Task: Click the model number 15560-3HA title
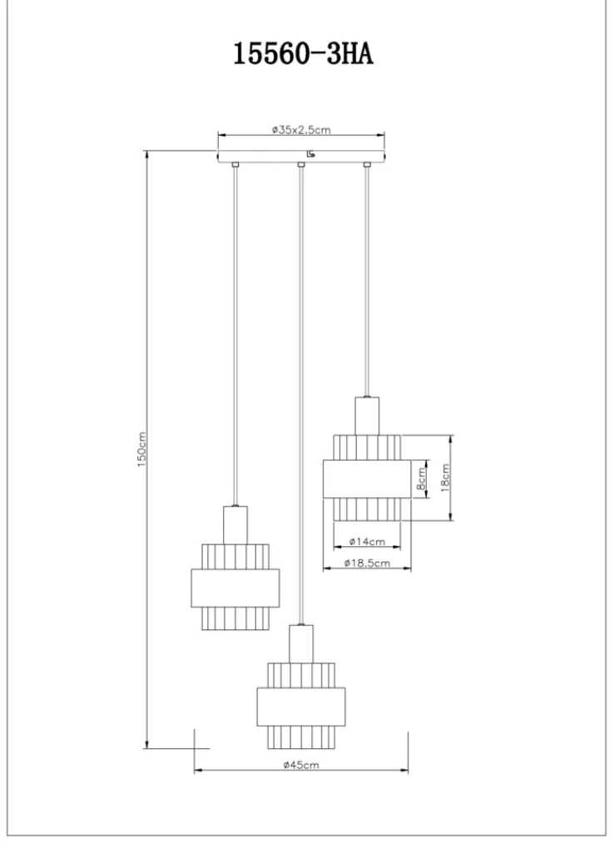point(303,56)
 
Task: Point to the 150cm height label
point(142,450)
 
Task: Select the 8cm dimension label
point(422,478)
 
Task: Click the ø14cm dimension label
point(366,541)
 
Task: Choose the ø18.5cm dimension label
point(366,564)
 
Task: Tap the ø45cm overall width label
point(300,765)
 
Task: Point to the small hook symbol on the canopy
point(310,154)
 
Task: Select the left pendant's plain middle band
point(235,588)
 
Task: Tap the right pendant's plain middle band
point(367,478)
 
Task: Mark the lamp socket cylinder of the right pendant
point(367,415)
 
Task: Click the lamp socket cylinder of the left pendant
point(235,525)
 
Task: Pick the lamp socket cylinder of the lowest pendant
point(301,643)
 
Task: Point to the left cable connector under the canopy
point(235,165)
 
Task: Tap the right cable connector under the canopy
point(366,165)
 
